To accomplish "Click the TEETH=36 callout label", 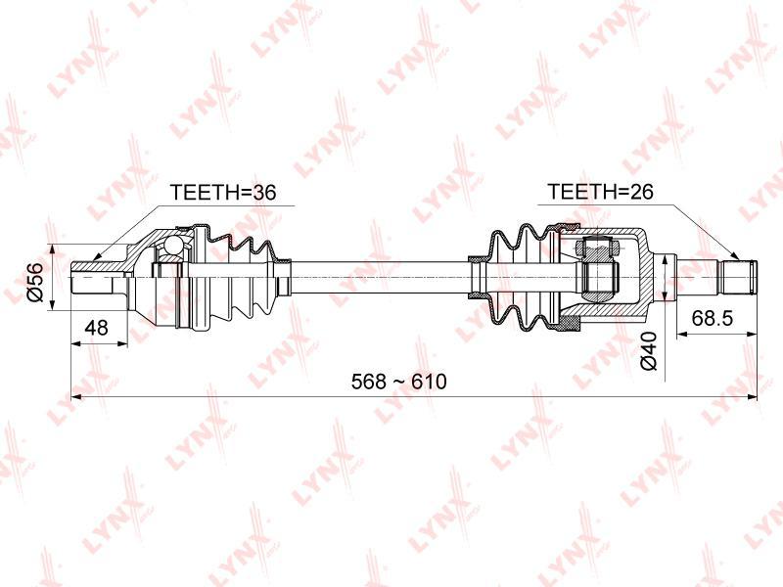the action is click(x=223, y=192).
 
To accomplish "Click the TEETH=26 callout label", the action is click(x=600, y=191).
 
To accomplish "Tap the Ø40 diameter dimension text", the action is click(x=649, y=351).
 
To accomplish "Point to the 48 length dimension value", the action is click(x=96, y=328).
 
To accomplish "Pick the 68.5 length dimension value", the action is click(x=713, y=317).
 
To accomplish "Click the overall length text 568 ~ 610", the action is click(x=399, y=382).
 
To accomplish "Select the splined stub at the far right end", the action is click(x=737, y=277).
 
